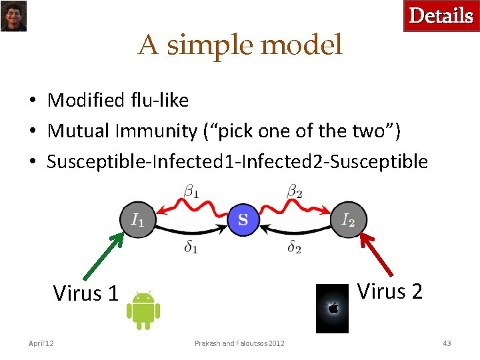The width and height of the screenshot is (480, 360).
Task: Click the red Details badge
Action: click(x=441, y=16)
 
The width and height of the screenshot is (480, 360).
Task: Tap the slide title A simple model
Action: click(x=240, y=45)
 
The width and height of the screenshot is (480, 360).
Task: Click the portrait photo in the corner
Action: click(x=13, y=16)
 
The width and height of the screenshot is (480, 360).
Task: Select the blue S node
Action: click(x=243, y=219)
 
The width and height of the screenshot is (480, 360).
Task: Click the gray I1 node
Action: click(x=137, y=219)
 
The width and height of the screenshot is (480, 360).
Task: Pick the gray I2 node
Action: click(x=349, y=219)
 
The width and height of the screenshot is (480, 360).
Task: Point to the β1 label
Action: click(x=191, y=192)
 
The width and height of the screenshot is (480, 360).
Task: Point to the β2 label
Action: click(x=294, y=192)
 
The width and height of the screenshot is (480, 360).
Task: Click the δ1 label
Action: click(x=191, y=247)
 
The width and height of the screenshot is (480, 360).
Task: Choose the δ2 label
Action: click(x=294, y=247)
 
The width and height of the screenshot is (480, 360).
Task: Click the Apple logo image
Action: click(x=332, y=308)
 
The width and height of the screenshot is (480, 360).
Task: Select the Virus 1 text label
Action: click(x=85, y=293)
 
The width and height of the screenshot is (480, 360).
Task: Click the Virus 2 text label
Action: click(x=390, y=291)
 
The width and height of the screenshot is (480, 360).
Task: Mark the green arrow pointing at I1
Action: click(x=103, y=255)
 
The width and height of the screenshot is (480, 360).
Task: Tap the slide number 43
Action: click(x=447, y=343)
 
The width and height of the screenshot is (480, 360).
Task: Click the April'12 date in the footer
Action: click(x=41, y=343)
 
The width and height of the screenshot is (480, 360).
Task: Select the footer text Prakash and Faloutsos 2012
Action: click(x=239, y=343)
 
